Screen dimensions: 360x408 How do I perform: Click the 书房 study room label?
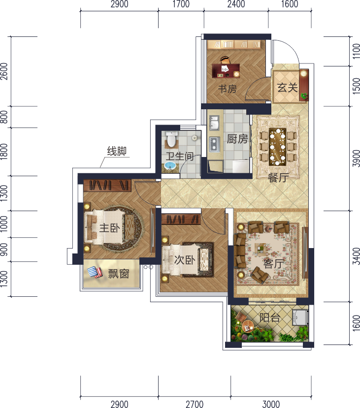227,89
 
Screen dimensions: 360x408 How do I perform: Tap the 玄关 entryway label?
288,88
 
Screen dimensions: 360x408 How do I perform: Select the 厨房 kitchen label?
237,139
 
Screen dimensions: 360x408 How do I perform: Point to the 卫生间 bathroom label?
180,156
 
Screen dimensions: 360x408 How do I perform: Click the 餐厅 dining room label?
278,178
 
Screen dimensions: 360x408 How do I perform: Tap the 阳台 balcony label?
270,318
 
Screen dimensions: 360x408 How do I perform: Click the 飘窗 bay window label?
119,274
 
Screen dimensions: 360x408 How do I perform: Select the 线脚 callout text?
117,151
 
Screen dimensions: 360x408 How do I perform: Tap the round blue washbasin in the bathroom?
170,165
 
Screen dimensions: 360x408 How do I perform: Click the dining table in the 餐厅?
278,147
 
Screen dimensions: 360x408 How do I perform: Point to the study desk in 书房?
226,70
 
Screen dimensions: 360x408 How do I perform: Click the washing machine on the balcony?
300,317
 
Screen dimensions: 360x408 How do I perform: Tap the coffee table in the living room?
261,249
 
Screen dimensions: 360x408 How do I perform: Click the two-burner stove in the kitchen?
214,144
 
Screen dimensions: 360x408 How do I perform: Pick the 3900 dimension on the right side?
357,158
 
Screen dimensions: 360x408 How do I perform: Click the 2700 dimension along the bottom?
195,404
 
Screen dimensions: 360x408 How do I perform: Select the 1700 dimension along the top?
181,4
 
